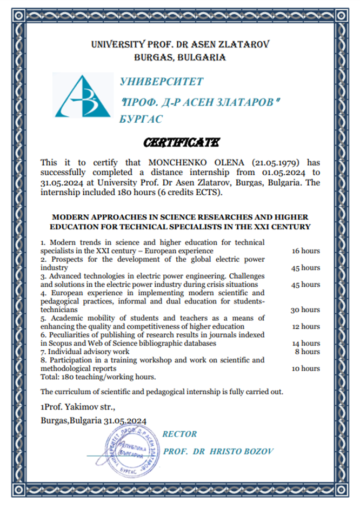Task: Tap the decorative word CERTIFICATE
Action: coord(181,142)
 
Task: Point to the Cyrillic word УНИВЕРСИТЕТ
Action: coord(161,82)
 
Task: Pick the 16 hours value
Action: coord(305,251)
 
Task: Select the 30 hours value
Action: coord(305,310)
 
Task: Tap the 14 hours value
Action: coord(305,344)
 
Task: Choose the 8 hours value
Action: coord(308,352)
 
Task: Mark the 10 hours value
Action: coord(305,368)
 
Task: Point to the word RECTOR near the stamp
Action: coord(180,434)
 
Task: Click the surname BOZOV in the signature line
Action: coord(256,451)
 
